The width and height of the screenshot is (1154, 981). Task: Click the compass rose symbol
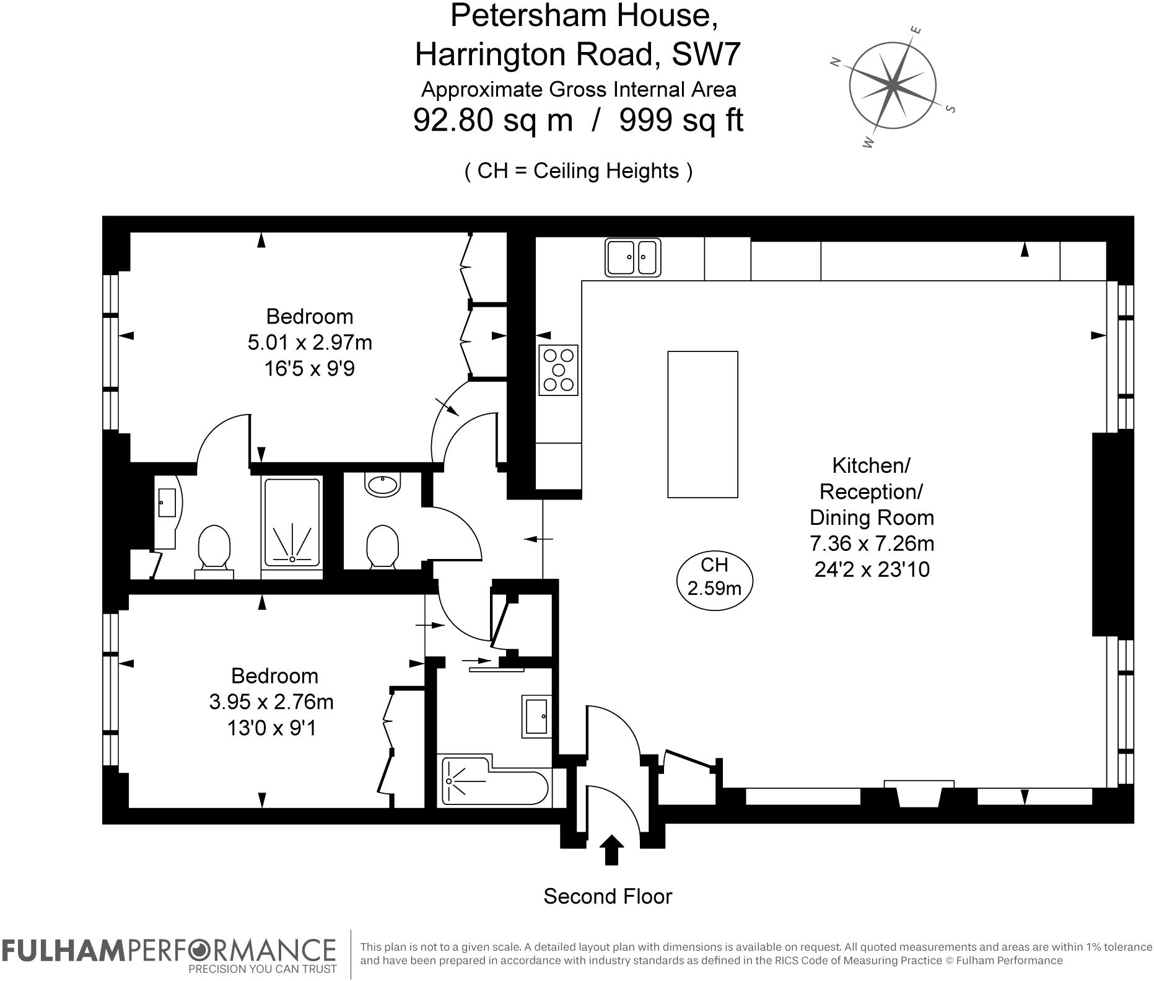coord(892,86)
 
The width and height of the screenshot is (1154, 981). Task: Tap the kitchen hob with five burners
coord(558,370)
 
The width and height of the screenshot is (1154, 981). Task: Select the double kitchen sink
coord(632,257)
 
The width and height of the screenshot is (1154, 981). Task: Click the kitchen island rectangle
coord(702,425)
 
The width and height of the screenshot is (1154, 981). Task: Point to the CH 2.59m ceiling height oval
coord(714,576)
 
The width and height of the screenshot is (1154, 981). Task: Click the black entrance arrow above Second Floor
coord(612,849)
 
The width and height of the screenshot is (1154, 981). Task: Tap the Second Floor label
coord(608,896)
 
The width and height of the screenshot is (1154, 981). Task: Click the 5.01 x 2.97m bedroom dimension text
coord(310,343)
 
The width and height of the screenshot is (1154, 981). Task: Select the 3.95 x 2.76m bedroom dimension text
coord(271,702)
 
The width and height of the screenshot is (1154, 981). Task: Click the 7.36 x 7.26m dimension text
coord(872,543)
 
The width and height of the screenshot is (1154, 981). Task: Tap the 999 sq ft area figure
coord(681,120)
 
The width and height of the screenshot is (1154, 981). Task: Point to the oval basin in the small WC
coord(383,485)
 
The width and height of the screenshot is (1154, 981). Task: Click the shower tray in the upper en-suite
coord(292,522)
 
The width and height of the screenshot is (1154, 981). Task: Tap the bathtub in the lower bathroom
coord(494,781)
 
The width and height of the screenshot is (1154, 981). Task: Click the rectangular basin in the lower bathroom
coord(536,716)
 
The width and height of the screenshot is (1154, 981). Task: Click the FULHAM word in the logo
coord(63,949)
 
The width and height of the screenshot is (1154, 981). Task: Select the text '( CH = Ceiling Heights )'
coord(579,170)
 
